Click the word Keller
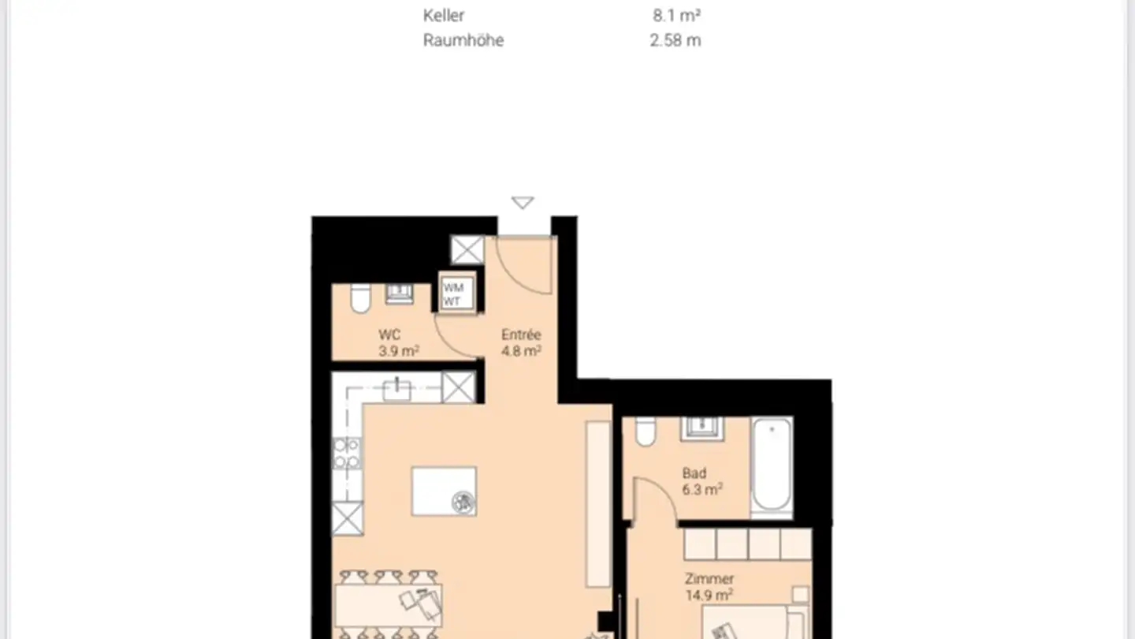444,15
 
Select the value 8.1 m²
676,15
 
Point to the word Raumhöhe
463,40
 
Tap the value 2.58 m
675,40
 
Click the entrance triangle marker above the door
523,203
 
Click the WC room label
389,335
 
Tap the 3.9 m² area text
398,352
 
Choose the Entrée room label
521,334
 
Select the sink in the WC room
399,293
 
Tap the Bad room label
694,473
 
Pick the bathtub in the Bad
772,466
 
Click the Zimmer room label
709,579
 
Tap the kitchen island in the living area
444,491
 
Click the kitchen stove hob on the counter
347,453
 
